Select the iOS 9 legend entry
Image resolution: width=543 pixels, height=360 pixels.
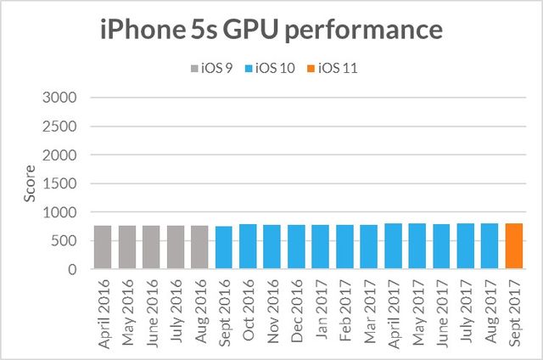[213, 69]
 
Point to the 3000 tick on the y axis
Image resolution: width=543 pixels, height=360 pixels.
[60, 97]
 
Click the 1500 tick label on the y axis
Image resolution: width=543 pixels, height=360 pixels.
[60, 183]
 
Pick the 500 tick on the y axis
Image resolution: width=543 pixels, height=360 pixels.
[64, 241]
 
